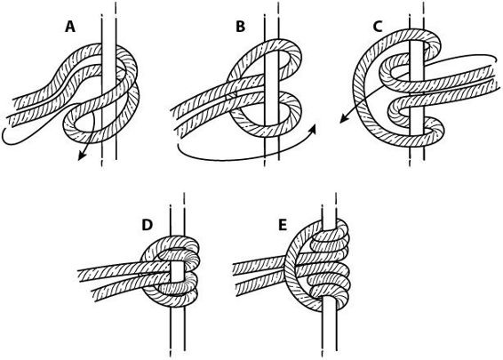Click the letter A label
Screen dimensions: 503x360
click(70, 27)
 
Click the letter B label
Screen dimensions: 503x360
click(240, 27)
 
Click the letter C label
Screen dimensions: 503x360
click(378, 27)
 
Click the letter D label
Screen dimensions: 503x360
click(147, 225)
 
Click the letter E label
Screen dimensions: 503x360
click(283, 225)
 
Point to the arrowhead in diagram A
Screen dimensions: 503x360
click(82, 156)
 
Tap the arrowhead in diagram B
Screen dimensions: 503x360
click(313, 129)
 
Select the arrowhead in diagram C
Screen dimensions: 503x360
click(344, 118)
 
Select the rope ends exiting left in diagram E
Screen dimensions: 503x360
click(259, 276)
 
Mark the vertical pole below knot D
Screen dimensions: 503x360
click(178, 331)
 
